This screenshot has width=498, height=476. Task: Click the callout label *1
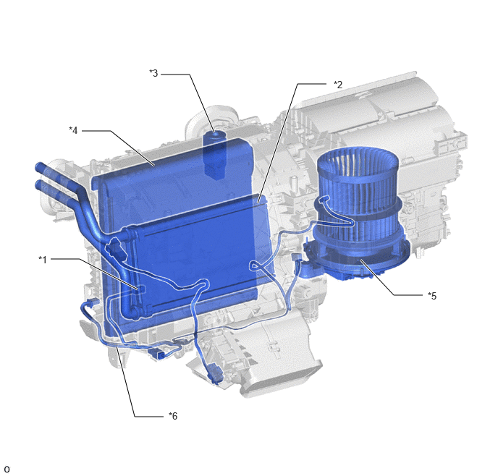pyautogui.click(x=43, y=260)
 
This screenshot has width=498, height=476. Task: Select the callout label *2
pyautogui.click(x=338, y=85)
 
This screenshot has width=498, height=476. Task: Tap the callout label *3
pyautogui.click(x=153, y=73)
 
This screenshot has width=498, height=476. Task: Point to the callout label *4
pyautogui.click(x=73, y=130)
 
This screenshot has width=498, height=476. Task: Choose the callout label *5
pyautogui.click(x=432, y=296)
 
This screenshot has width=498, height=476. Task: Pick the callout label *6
pyautogui.click(x=173, y=416)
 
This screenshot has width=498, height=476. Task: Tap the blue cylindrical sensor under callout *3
pyautogui.click(x=214, y=155)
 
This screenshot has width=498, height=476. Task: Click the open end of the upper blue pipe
pyautogui.click(x=39, y=166)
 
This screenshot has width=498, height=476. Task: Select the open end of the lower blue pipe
pyautogui.click(x=39, y=184)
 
